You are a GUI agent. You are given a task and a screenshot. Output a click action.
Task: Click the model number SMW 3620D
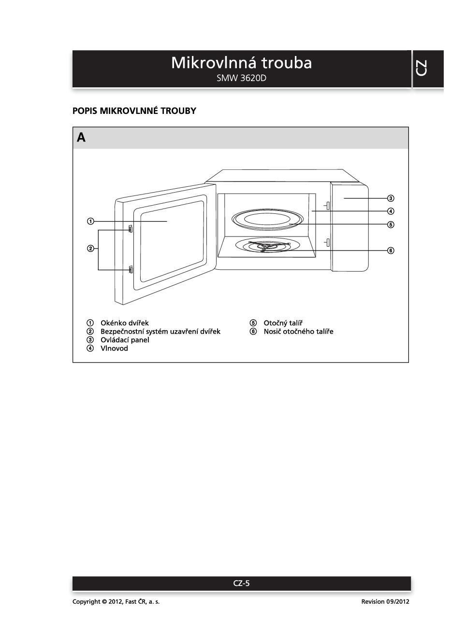(241, 78)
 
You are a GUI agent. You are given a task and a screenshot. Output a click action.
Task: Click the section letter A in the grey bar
(81, 138)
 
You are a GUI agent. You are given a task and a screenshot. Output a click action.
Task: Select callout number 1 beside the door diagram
(90, 222)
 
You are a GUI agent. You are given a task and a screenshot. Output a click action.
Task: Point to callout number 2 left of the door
(90, 249)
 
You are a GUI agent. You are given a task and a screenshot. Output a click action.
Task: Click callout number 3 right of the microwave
(391, 198)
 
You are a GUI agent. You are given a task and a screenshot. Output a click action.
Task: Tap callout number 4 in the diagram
(391, 211)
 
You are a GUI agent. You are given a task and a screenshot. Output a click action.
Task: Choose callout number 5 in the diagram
(391, 225)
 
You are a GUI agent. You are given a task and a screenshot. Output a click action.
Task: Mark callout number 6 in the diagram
(391, 251)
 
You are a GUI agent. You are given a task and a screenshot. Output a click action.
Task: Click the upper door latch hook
(131, 229)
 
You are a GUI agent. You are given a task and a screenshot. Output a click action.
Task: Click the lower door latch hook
(131, 269)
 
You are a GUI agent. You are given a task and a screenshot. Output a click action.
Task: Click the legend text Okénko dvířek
(124, 323)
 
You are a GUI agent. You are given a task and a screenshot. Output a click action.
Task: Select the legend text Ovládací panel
(125, 340)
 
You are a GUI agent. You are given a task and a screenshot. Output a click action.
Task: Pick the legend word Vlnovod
(114, 348)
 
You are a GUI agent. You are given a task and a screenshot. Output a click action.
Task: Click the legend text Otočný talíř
(283, 323)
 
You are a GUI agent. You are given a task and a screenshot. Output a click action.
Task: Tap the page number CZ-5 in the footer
(241, 583)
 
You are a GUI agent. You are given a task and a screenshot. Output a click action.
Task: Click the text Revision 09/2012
(385, 601)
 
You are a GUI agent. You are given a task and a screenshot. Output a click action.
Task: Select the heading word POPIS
(85, 111)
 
